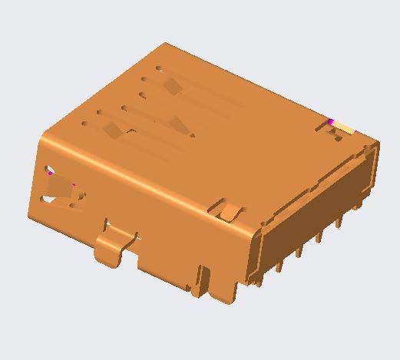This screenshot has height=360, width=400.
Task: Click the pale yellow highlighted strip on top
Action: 345,127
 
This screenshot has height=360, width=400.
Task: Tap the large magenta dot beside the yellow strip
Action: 331,122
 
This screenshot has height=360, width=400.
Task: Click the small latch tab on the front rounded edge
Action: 227,209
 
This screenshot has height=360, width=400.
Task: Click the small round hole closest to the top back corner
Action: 159,68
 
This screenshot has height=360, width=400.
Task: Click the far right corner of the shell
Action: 379,143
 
